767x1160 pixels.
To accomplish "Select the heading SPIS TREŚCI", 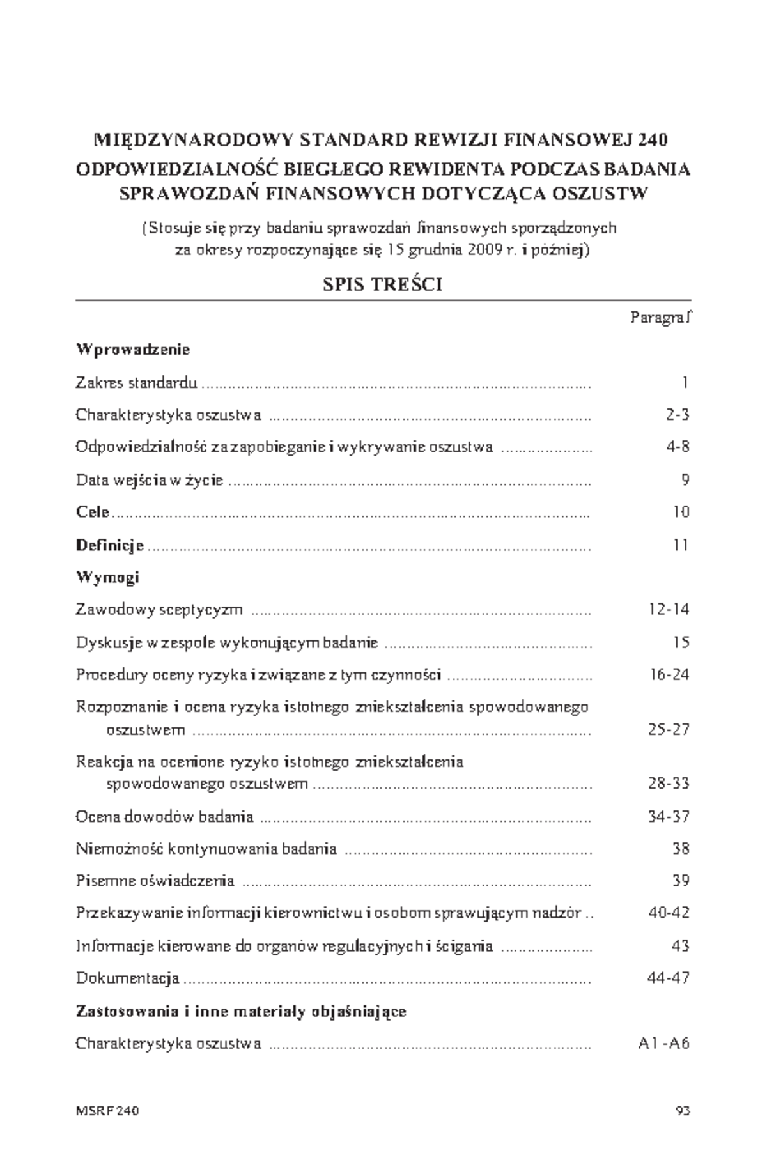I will tap(382, 285).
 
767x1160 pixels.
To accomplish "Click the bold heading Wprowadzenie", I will tap(133, 350).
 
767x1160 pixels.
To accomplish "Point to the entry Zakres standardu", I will tap(136, 383).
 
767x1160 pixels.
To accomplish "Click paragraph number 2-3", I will tap(677, 415).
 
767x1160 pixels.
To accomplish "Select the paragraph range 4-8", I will tap(677, 447).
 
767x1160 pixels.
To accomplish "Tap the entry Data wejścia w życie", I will tap(149, 479).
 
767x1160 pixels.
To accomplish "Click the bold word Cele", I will tap(93, 512).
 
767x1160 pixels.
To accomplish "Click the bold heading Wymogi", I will tap(107, 577).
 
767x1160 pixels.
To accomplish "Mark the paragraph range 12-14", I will tap(668, 609).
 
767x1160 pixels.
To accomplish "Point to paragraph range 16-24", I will tap(668, 674).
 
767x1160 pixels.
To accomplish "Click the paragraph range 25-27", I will tap(668, 729).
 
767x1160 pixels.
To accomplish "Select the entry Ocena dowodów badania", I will tap(164, 816).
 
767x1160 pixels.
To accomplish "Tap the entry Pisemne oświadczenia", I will tap(155, 881).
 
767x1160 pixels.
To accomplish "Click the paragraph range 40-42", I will tap(668, 913).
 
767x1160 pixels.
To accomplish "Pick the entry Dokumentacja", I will tap(127, 978).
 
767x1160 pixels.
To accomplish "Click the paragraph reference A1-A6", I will tap(663, 1044).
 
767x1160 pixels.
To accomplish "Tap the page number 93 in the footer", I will tap(682, 1111).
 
